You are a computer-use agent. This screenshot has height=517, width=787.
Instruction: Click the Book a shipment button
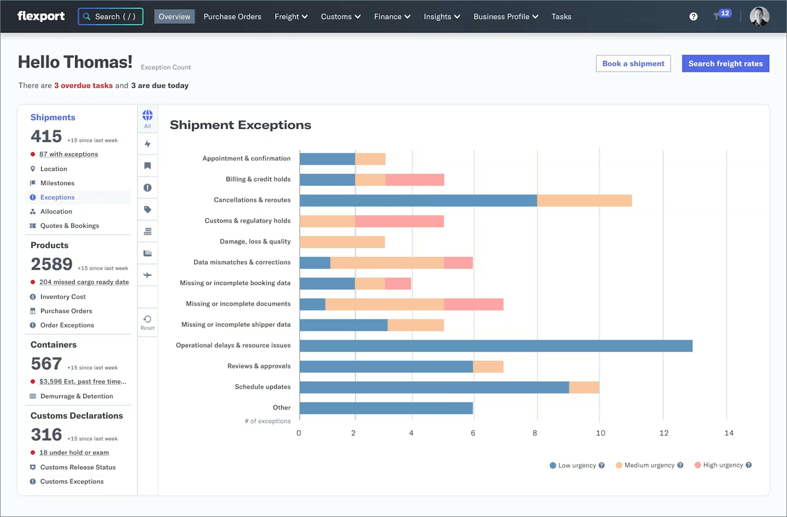pos(633,64)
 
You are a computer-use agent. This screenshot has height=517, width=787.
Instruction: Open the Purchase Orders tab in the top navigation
pos(232,17)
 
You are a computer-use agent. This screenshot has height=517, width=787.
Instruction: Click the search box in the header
pos(110,17)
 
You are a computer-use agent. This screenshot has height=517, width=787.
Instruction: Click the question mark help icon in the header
pos(693,17)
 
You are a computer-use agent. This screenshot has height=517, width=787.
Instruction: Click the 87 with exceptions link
pos(68,154)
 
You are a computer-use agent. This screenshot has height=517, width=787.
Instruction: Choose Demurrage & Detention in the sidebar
pos(76,396)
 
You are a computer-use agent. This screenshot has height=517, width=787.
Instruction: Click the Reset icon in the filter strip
pos(148,322)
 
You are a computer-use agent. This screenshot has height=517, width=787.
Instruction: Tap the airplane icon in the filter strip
pos(148,275)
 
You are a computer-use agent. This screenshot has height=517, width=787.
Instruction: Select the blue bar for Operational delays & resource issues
pos(496,346)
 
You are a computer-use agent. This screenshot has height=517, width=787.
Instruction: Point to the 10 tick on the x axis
pos(600,433)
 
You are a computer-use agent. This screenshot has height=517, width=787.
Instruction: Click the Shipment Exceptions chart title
pos(240,125)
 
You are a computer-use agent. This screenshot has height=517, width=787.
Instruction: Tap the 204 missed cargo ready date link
pos(84,282)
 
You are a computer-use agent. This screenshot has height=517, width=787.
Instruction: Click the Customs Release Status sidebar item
pos(78,467)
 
